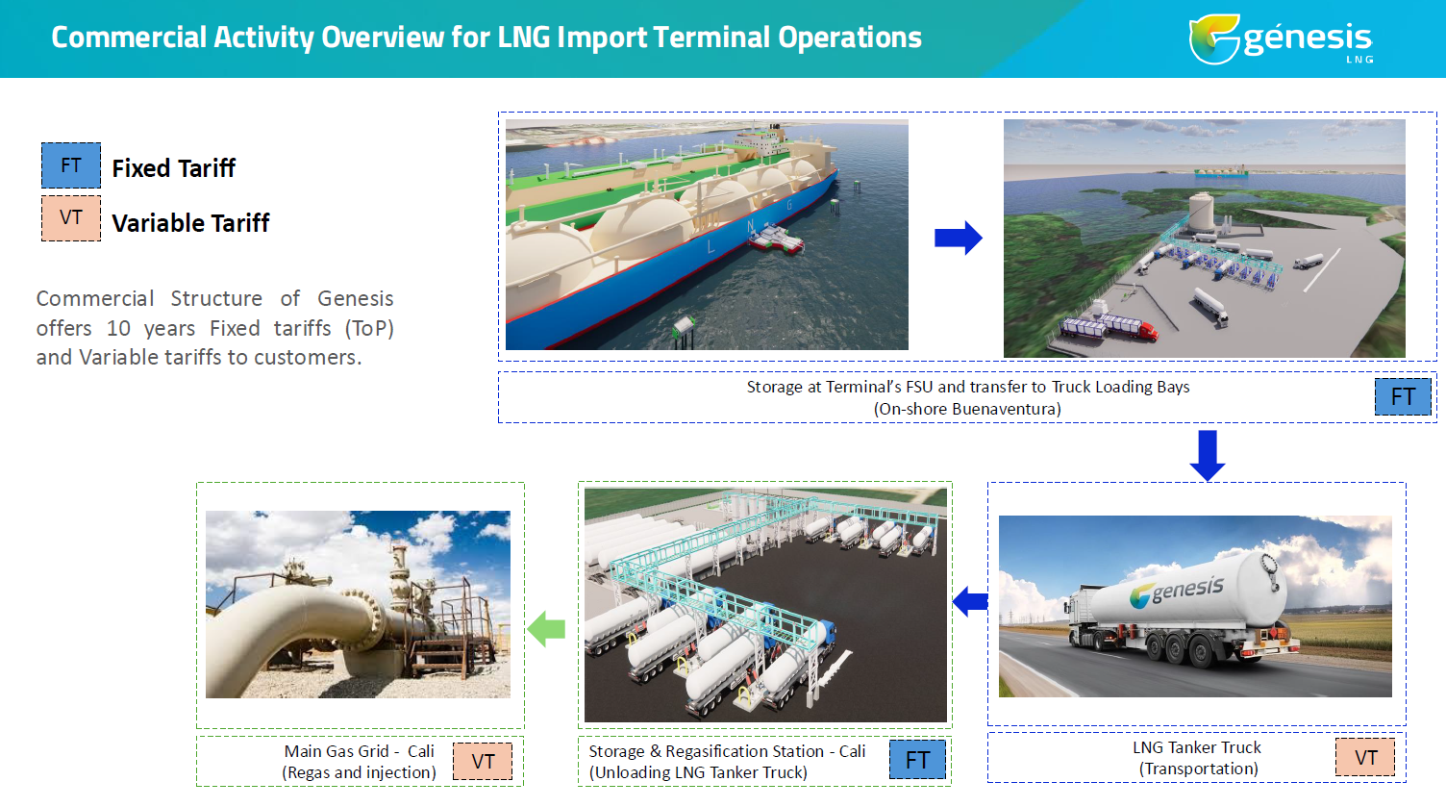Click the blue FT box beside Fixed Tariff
click(71, 165)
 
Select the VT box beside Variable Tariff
click(71, 218)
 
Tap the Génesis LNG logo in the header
click(1281, 38)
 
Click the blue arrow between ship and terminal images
click(958, 238)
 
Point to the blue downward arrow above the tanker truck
click(1208, 455)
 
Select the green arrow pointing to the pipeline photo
click(546, 628)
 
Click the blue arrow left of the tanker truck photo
click(970, 602)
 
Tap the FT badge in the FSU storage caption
click(1403, 397)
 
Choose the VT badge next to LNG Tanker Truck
click(1365, 757)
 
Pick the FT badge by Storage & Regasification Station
click(917, 760)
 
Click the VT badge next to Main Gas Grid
click(483, 761)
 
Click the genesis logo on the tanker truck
click(1176, 592)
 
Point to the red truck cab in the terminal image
click(1147, 332)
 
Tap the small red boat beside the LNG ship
click(776, 239)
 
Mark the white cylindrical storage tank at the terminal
click(1201, 211)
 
